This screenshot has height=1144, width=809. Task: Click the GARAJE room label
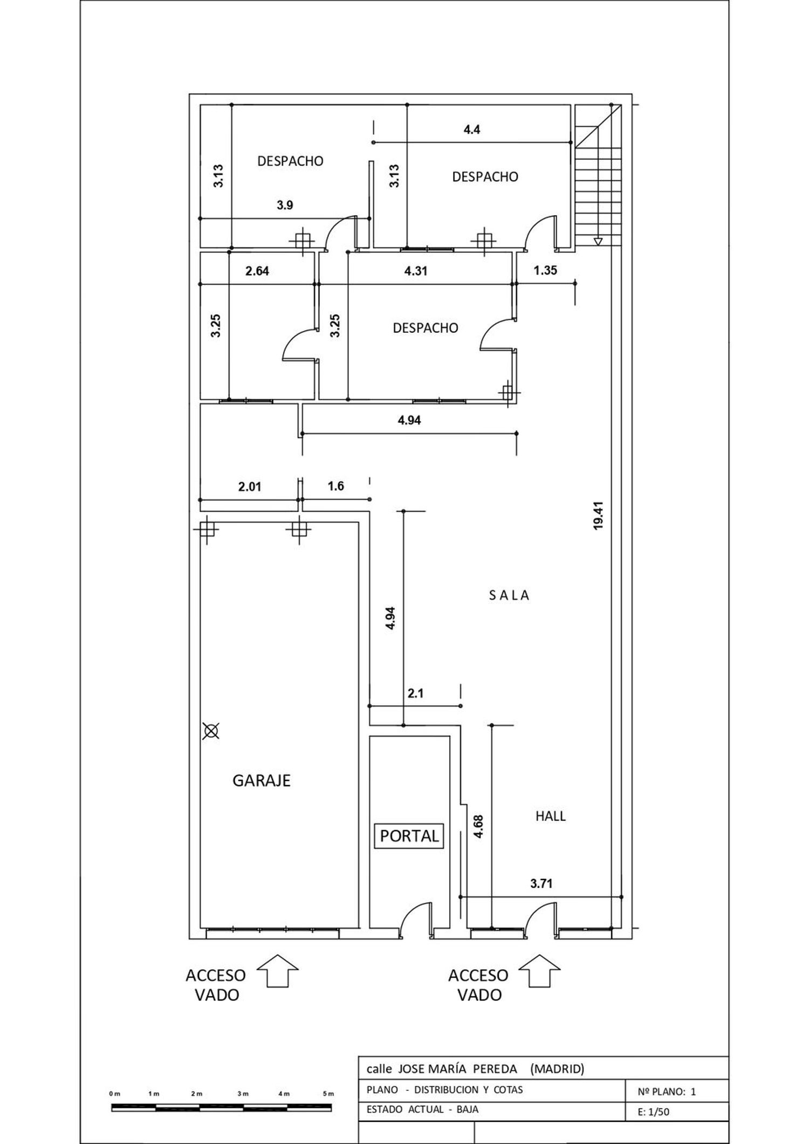[x=262, y=780]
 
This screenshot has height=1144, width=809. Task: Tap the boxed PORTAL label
[x=409, y=836]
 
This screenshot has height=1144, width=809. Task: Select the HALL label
[x=551, y=816]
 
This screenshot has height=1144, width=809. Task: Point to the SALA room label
[x=510, y=595]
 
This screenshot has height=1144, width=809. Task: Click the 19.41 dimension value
[x=598, y=516]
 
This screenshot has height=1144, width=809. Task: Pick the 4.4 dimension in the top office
[x=472, y=129]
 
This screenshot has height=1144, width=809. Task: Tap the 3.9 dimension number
[x=285, y=205]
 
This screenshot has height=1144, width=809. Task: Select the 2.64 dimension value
[x=257, y=271]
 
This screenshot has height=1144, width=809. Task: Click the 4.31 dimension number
[x=416, y=271]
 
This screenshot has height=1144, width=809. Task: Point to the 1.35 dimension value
[x=545, y=270]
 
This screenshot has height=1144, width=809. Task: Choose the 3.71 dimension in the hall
[x=541, y=883]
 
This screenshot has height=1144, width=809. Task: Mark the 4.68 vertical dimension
[x=478, y=826]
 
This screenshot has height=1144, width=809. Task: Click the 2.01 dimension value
[x=250, y=487]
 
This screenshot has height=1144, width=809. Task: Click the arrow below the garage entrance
[x=277, y=970]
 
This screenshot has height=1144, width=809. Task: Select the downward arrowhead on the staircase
[x=598, y=242]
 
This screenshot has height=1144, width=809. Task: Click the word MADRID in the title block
[x=557, y=1068]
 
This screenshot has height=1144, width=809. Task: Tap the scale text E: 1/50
[x=653, y=1112]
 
